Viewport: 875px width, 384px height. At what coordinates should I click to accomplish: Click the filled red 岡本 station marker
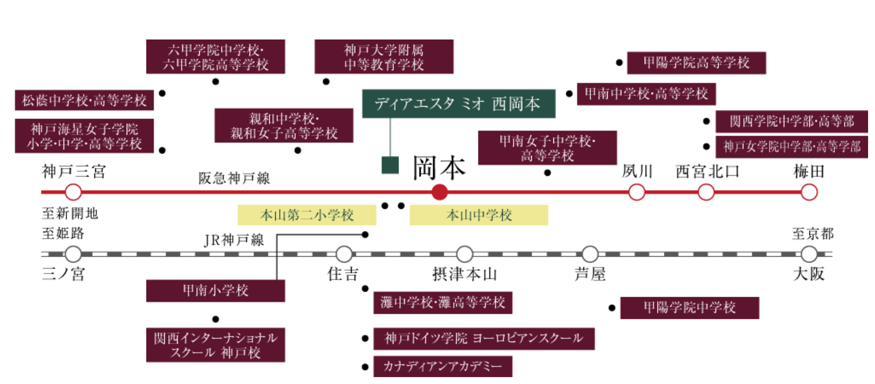point(439,192)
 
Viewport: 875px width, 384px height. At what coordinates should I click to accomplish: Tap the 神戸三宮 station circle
point(73,192)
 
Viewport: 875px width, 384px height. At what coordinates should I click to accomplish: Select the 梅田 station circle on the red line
point(809,192)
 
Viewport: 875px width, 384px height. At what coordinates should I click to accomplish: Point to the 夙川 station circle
point(636,192)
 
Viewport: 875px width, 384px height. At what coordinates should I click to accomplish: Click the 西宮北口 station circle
point(706,192)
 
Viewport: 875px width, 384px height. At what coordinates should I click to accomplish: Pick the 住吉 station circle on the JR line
point(344,254)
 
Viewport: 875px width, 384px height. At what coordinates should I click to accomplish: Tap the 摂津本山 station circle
point(464,254)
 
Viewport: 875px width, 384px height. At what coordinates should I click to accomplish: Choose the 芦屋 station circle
point(590,254)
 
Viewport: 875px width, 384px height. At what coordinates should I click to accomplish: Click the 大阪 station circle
point(809,254)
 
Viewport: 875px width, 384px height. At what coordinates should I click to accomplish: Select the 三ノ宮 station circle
point(73,254)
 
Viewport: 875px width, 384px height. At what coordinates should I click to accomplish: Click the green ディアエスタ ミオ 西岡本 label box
point(458,104)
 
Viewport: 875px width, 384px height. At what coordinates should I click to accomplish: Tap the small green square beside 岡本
point(390,165)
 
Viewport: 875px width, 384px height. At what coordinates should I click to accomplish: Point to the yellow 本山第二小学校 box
point(306,215)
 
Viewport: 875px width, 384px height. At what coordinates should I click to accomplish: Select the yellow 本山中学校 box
point(478,215)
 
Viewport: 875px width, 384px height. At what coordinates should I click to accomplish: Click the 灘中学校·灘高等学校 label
point(442,303)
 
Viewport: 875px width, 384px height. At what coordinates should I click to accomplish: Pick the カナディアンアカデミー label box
point(442,366)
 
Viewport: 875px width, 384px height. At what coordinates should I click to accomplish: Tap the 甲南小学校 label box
point(215,291)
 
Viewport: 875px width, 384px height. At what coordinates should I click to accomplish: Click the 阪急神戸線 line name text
point(234,178)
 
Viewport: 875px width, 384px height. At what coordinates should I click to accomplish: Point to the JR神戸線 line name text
point(234,240)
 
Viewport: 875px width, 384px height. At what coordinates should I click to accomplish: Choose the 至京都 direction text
point(812,233)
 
